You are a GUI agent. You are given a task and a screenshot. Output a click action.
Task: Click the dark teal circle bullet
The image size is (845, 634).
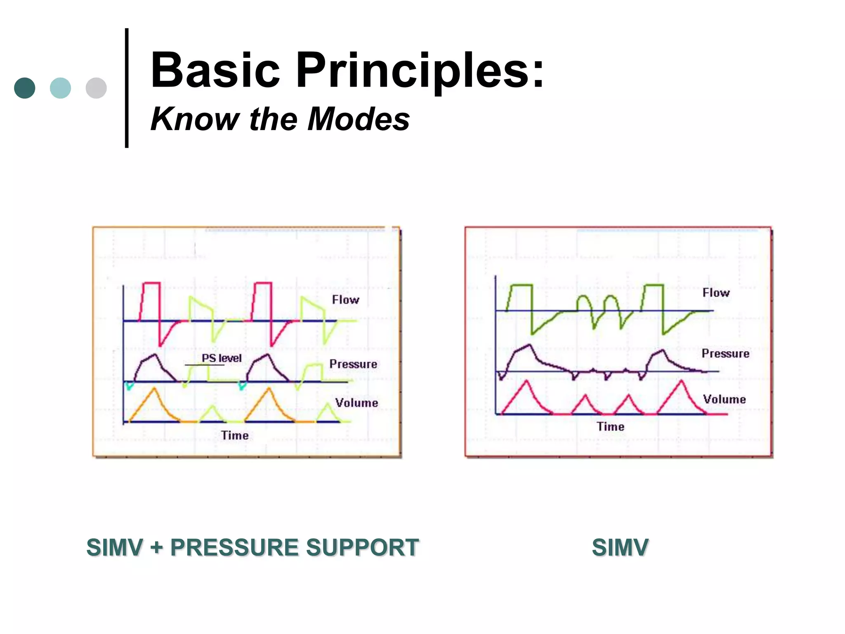click(x=25, y=88)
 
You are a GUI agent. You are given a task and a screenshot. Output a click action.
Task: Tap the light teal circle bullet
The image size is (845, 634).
click(x=60, y=88)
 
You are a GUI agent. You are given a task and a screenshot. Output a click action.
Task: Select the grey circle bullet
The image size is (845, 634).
click(x=96, y=88)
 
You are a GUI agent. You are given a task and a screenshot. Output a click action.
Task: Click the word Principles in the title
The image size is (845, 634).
click(x=420, y=70)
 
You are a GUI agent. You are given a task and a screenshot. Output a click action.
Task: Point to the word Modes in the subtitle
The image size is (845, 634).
click(x=359, y=119)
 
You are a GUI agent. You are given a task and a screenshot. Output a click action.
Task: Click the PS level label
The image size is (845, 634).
click(x=222, y=358)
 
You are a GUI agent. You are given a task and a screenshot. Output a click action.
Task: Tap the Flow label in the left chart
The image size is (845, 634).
click(x=345, y=300)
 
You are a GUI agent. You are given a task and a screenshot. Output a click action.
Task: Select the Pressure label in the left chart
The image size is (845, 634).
click(x=353, y=364)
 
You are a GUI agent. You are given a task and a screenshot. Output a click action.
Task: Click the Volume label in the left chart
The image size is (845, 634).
click(x=356, y=403)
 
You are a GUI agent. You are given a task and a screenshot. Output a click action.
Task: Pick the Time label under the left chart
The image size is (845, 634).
click(x=235, y=435)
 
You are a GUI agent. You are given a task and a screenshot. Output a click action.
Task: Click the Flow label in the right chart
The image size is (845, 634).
click(x=716, y=293)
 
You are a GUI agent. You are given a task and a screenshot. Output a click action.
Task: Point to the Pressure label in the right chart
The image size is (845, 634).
click(x=725, y=354)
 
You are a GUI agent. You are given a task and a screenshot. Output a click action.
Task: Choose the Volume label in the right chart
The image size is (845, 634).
click(x=724, y=399)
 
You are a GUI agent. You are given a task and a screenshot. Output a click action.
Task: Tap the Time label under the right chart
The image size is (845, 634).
click(x=610, y=426)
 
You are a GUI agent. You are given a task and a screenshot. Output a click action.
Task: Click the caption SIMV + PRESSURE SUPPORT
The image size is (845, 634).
click(x=253, y=547)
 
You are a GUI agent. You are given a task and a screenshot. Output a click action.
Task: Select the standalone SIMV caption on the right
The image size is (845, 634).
click(x=620, y=547)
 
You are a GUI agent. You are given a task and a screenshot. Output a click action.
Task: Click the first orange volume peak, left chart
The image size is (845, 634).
click(x=154, y=389)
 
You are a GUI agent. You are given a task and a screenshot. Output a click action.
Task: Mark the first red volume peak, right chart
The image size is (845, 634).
click(x=526, y=382)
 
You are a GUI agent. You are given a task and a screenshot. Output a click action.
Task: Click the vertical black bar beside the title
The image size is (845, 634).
click(x=127, y=88)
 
